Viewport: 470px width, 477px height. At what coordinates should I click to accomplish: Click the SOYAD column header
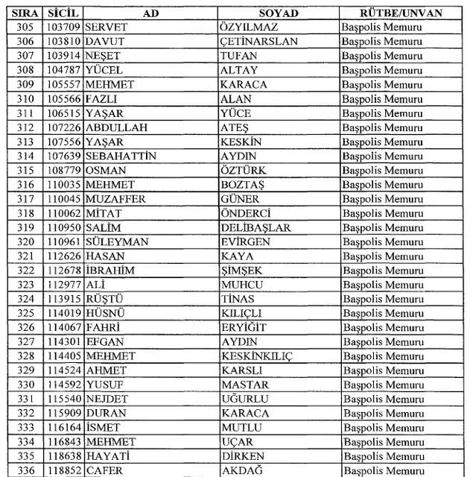pyautogui.click(x=278, y=13)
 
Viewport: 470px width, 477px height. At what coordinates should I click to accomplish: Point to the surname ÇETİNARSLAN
pyautogui.click(x=258, y=42)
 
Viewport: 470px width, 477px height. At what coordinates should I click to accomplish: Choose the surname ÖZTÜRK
pyautogui.click(x=244, y=170)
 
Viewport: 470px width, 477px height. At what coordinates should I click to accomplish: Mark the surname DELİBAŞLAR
pyautogui.click(x=255, y=227)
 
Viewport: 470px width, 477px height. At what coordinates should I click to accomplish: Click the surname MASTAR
pyautogui.click(x=245, y=385)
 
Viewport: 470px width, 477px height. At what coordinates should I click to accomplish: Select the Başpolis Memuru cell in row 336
pyautogui.click(x=382, y=470)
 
